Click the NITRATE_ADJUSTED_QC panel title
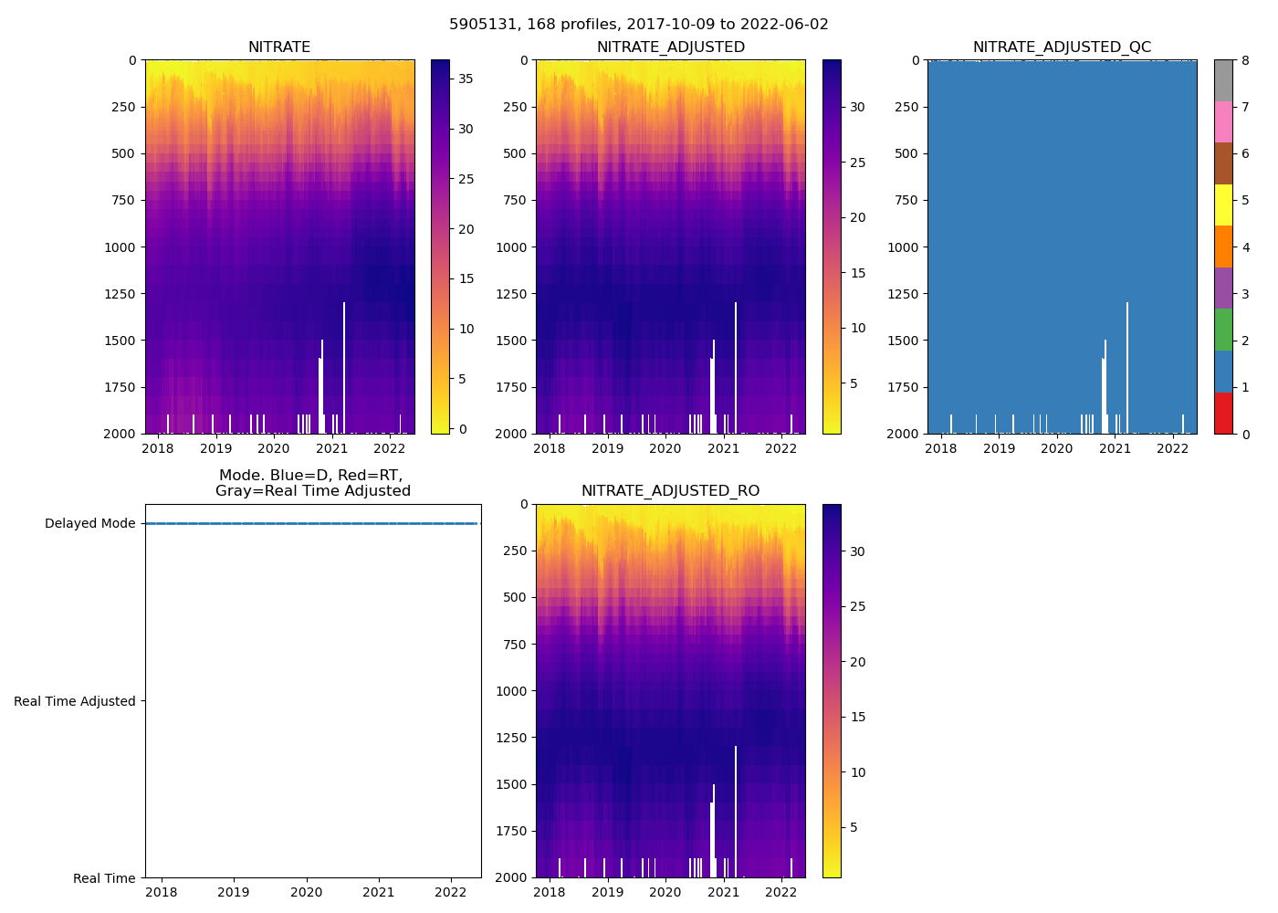point(1062,47)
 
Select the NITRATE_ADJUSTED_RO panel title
point(670,491)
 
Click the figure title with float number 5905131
point(639,25)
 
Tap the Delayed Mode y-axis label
point(89,524)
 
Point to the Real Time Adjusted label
point(75,701)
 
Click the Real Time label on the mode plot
point(104,878)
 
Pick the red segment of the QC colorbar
point(1223,413)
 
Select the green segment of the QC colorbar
point(1223,330)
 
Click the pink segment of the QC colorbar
point(1223,122)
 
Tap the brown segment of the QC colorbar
point(1223,163)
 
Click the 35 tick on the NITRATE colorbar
point(466,79)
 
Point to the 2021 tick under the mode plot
point(379,892)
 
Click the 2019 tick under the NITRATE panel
point(215,448)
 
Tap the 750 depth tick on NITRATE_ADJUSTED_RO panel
point(515,645)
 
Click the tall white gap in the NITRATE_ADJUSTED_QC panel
point(1127,365)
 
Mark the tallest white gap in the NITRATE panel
point(344,365)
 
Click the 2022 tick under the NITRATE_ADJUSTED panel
point(780,448)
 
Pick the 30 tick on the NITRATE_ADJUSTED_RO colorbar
point(857,551)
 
